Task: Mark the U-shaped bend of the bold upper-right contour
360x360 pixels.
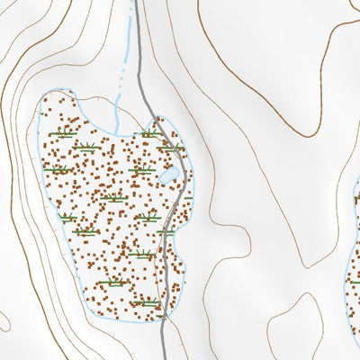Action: tap(310, 133)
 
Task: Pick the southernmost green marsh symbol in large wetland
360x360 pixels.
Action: tap(148, 303)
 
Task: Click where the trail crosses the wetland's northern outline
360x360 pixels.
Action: tap(156, 118)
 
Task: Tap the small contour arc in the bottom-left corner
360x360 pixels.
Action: tap(4, 319)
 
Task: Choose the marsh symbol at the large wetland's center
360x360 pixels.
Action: tap(112, 198)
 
